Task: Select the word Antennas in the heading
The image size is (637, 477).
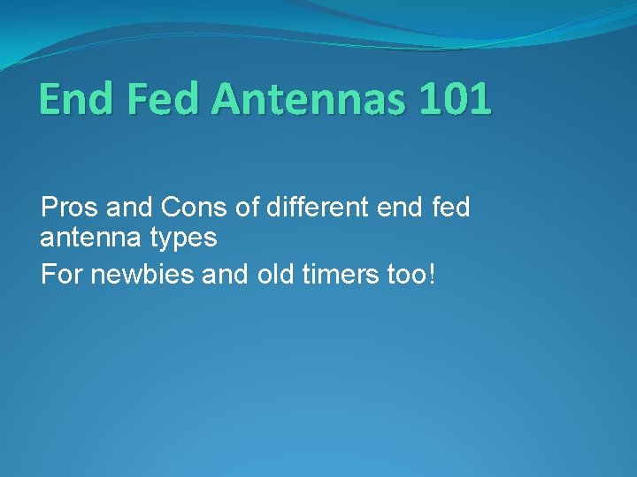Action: tap(311, 99)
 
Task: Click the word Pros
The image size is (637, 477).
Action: tap(69, 209)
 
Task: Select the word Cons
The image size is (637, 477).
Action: tap(188, 209)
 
